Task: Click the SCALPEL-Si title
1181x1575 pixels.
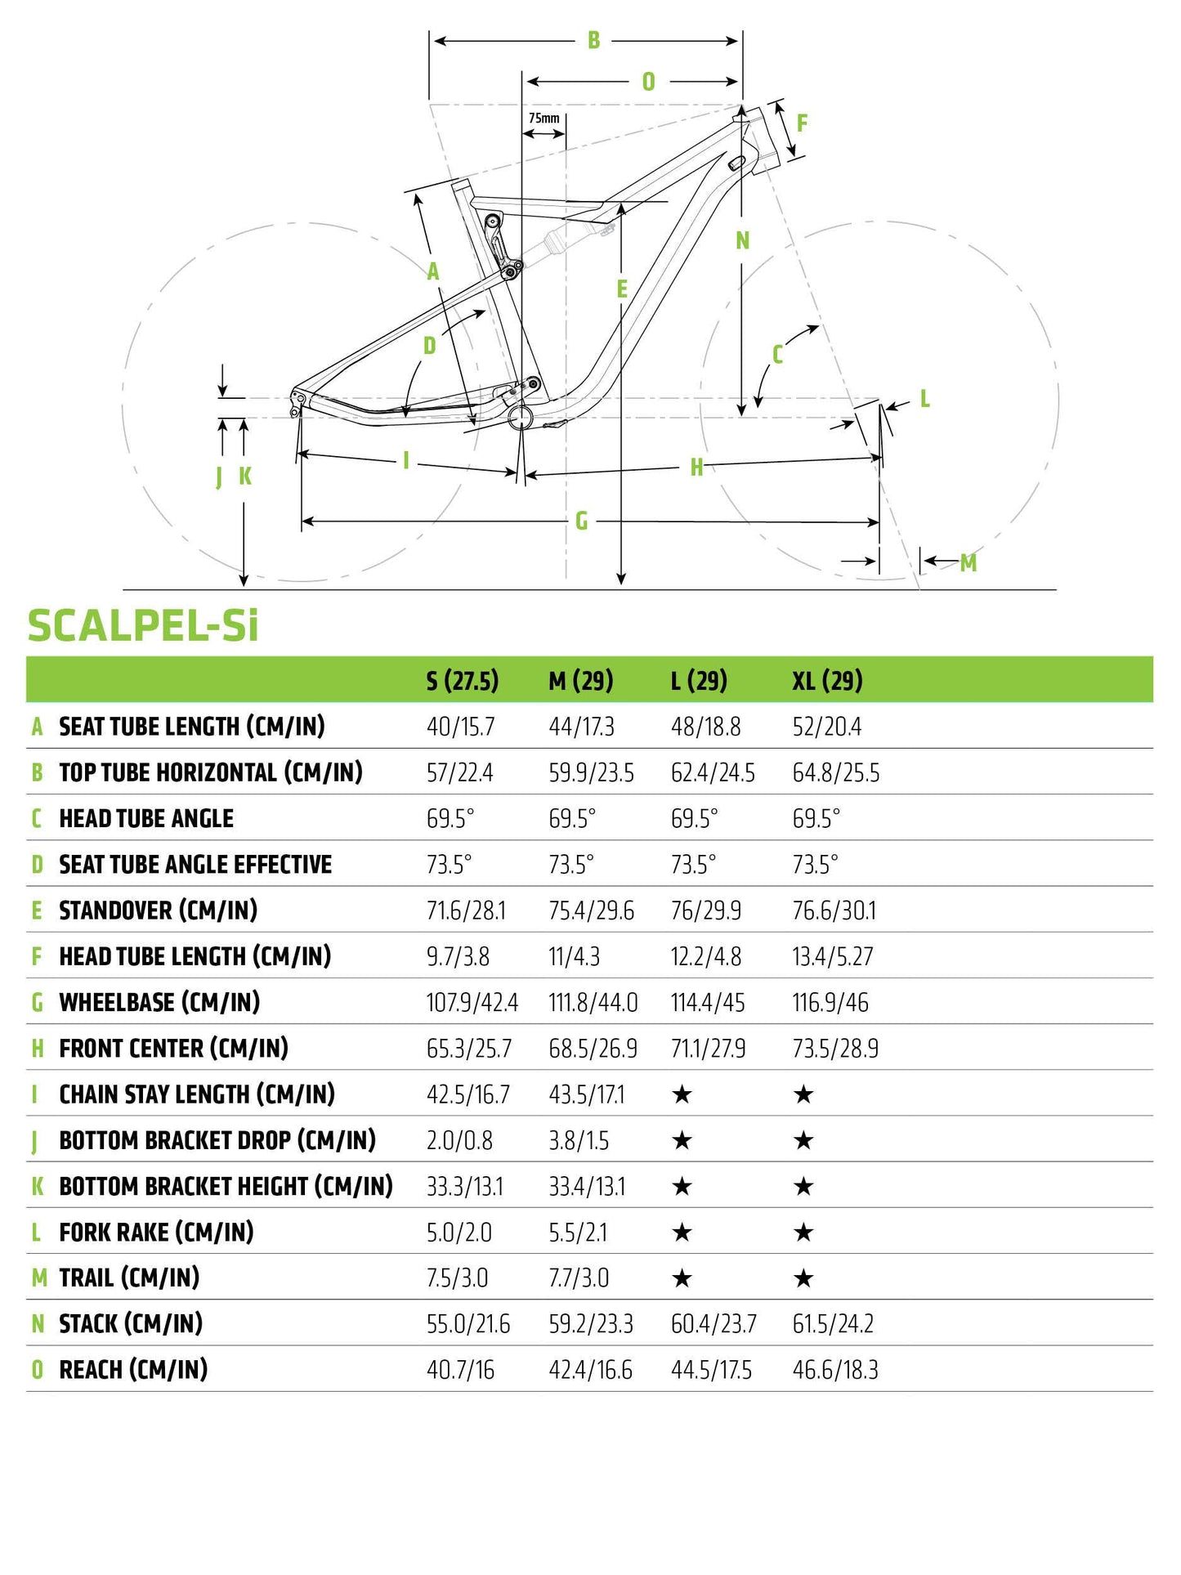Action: pos(143,626)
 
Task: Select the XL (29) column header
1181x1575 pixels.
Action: pos(827,680)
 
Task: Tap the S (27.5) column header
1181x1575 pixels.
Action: pos(462,680)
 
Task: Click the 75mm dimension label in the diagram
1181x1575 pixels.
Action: pos(544,119)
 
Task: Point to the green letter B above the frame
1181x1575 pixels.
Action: pos(594,40)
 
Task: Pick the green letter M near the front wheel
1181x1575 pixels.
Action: pos(969,562)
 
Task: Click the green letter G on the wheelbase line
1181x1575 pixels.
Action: pos(582,521)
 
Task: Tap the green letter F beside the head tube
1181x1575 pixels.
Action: pos(802,123)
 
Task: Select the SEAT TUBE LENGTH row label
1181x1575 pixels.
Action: pos(191,726)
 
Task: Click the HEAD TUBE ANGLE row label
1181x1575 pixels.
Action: pos(146,818)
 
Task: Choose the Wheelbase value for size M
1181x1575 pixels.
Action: pos(593,1002)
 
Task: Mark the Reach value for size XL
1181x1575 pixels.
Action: pos(834,1370)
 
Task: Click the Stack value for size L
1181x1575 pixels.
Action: pos(713,1323)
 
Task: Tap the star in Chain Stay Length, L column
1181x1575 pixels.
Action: pos(682,1094)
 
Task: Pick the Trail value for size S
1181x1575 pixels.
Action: pos(457,1277)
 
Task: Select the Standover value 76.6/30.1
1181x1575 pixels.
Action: pos(834,911)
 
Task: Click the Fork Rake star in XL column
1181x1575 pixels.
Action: pos(803,1232)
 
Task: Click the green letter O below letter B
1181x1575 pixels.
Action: pos(648,82)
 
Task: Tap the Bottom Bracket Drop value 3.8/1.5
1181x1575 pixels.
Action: pos(579,1140)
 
